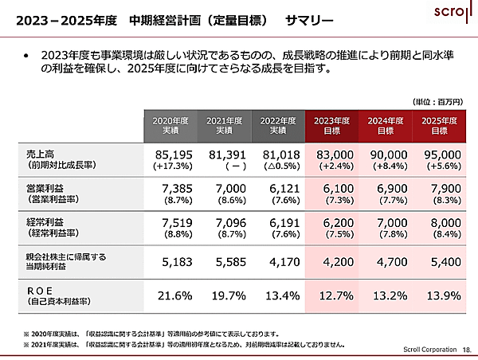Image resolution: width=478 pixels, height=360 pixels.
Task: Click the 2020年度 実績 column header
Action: point(170,125)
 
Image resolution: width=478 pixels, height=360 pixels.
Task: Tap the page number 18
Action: point(466,349)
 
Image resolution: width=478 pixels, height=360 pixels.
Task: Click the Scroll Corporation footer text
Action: point(425,349)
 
